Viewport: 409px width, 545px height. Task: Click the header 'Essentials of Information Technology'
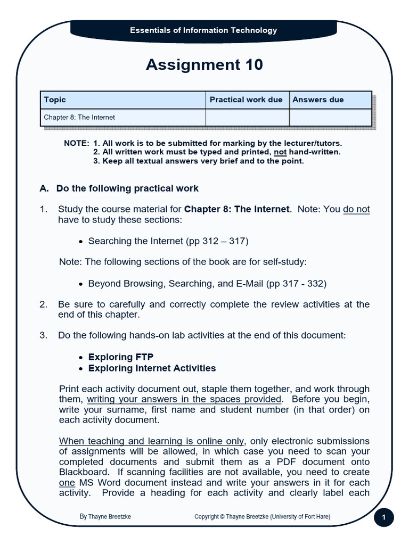[203, 30]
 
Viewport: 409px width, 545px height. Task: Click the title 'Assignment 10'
[204, 65]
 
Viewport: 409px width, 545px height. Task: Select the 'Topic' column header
[55, 100]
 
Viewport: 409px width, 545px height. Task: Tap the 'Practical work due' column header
[246, 100]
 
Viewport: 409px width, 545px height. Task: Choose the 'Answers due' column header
[318, 100]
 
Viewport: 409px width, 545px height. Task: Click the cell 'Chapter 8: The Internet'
[79, 117]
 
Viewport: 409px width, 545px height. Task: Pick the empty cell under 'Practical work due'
[247, 117]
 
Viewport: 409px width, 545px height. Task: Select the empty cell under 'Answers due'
[330, 117]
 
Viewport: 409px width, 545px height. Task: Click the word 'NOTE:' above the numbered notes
[76, 143]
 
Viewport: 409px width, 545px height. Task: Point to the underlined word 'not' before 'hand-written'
[280, 152]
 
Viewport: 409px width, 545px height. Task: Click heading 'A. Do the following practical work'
[119, 188]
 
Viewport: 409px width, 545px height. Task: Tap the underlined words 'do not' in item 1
[356, 209]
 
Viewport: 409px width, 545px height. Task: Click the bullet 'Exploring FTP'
[121, 357]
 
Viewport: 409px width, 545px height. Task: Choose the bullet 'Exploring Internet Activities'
[152, 368]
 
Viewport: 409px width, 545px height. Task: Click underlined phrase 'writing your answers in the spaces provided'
[184, 399]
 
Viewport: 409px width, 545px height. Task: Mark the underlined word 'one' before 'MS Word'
[67, 482]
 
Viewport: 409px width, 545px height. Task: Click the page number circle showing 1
[384, 517]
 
